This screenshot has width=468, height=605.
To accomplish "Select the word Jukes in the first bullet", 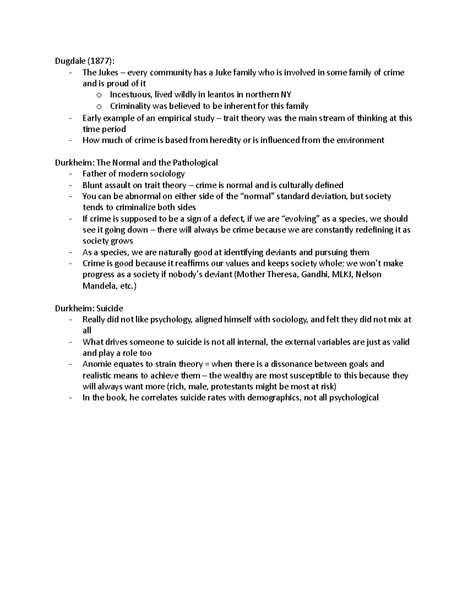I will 107,72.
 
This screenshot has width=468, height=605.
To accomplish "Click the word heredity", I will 225,140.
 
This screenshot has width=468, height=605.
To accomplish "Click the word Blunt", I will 92,185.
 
